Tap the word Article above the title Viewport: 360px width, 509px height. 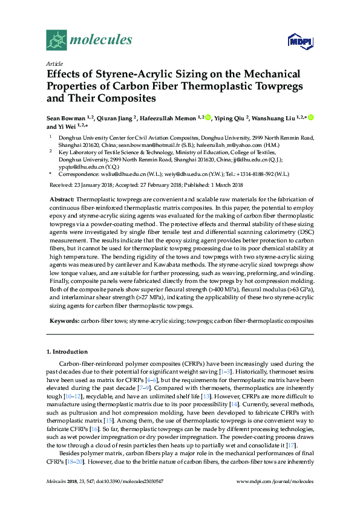click(54, 63)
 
